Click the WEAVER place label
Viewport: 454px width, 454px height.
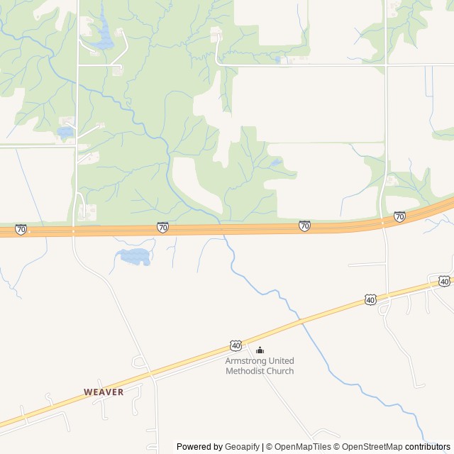tap(104, 392)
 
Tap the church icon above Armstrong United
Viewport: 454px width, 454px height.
tap(260, 350)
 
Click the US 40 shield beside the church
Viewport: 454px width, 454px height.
tap(236, 345)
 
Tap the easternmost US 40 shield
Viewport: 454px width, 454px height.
tap(444, 281)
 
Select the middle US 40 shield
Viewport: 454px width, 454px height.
tap(370, 300)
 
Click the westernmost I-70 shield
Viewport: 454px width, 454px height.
tap(21, 229)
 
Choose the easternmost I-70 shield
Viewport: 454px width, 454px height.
tap(399, 216)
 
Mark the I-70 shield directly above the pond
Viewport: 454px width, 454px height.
tap(163, 227)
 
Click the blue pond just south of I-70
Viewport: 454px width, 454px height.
tap(135, 256)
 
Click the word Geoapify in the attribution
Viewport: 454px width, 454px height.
tap(242, 447)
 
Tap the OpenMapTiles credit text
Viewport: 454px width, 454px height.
tap(302, 447)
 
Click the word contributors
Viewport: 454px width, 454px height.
tap(428, 447)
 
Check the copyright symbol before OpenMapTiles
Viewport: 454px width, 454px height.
tap(269, 447)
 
